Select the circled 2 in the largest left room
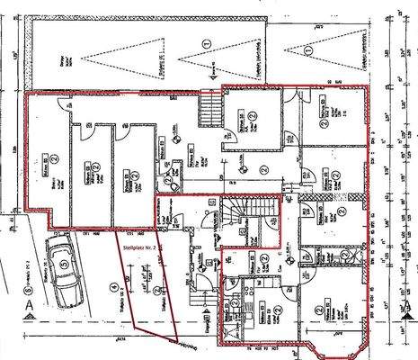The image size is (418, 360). [55, 158]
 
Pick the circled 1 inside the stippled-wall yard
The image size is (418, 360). [207, 42]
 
